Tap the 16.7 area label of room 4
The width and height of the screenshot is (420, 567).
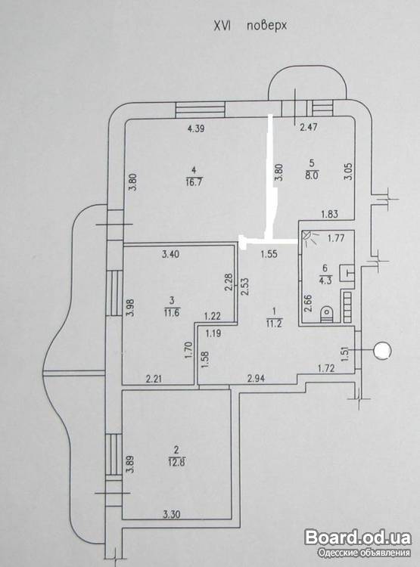tap(194, 181)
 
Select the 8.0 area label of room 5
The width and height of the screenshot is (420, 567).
tap(312, 176)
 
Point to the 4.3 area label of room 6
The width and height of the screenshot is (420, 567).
tap(325, 280)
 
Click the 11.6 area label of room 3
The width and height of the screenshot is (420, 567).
tap(172, 312)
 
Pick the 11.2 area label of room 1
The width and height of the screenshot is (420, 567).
tap(274, 324)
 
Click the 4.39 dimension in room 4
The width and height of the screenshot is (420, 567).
tap(196, 129)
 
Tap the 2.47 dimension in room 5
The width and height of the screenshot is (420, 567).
tap(309, 127)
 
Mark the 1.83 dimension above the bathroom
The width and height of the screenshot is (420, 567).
tap(329, 214)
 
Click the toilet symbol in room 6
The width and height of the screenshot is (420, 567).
tap(328, 313)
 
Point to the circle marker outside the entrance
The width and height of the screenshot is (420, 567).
tap(382, 351)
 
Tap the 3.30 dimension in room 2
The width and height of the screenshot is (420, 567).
tap(172, 514)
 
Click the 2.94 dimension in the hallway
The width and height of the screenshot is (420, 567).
tap(256, 379)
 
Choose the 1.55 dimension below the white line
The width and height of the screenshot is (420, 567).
tap(269, 254)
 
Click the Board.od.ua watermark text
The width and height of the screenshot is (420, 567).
tap(358, 538)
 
